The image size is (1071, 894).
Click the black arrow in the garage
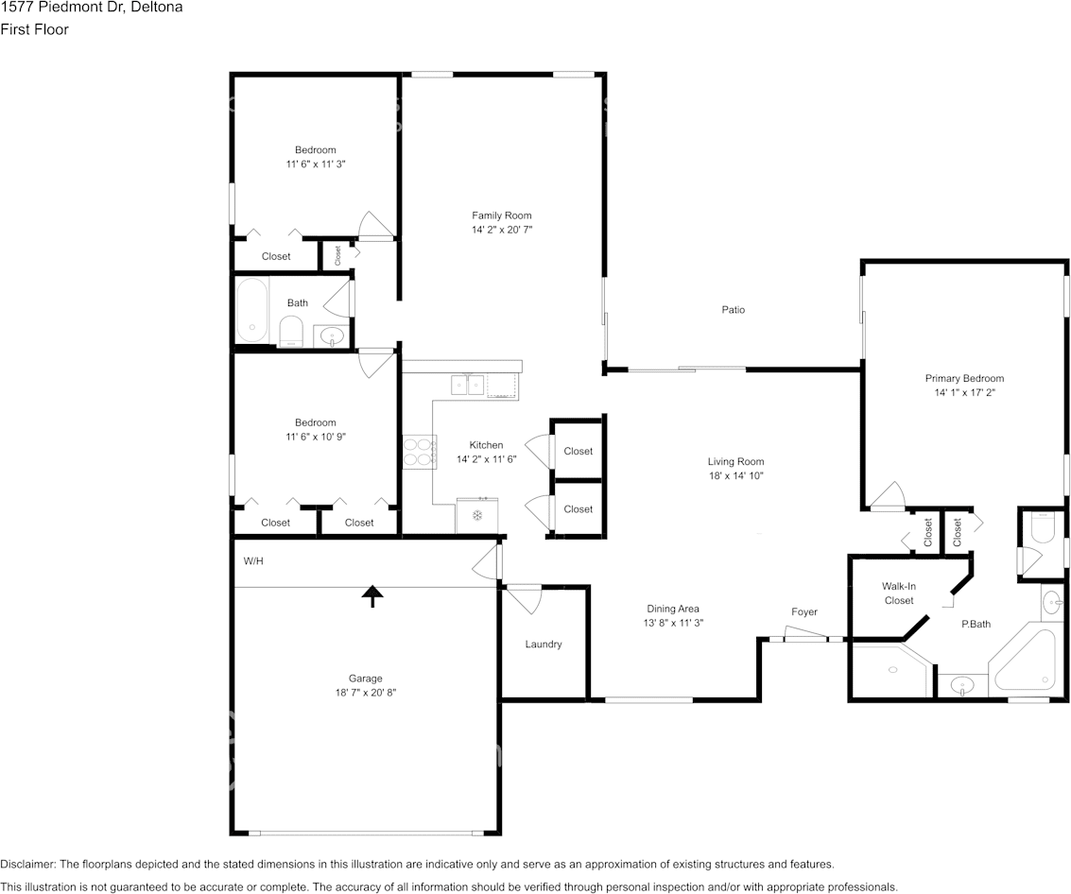pyautogui.click(x=372, y=596)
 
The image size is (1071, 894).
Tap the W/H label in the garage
pyautogui.click(x=253, y=561)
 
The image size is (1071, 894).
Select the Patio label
pyautogui.click(x=734, y=309)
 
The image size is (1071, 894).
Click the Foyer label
pyautogui.click(x=804, y=612)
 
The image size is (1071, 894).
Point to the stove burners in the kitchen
pyautogui.click(x=420, y=452)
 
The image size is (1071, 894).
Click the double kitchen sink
pyautogui.click(x=468, y=386)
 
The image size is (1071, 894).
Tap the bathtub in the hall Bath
pyautogui.click(x=252, y=311)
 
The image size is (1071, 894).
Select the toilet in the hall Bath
pyautogui.click(x=292, y=331)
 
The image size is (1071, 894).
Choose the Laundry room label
pyautogui.click(x=544, y=644)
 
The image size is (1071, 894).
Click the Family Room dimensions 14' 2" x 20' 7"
pyautogui.click(x=502, y=231)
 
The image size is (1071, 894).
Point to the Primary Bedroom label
pyautogui.click(x=964, y=378)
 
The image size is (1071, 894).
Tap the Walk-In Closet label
pyautogui.click(x=899, y=593)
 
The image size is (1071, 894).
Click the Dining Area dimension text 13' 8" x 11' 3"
pyautogui.click(x=673, y=623)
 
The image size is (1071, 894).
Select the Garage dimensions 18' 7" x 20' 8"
pyautogui.click(x=366, y=693)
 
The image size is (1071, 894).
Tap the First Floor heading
pyautogui.click(x=34, y=29)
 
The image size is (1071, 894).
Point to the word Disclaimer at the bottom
pyautogui.click(x=27, y=864)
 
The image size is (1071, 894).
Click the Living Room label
pyautogui.click(x=735, y=462)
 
